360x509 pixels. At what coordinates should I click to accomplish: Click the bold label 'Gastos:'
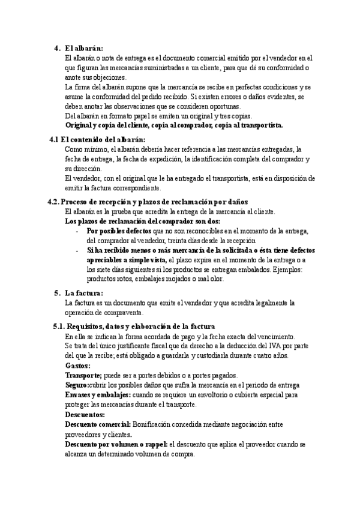tap(77, 366)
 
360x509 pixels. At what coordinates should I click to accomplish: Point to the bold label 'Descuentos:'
tap(85, 415)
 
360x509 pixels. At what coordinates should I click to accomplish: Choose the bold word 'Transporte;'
tap(83, 375)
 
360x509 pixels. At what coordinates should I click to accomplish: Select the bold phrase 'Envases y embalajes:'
tap(97, 395)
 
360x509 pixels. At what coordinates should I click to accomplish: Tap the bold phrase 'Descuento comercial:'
tap(97, 424)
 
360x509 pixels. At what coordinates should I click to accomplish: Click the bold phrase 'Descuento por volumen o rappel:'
tap(116, 444)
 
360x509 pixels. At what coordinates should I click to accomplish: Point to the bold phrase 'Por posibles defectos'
tap(119, 231)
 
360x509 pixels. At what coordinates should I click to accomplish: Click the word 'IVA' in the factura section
tap(272, 346)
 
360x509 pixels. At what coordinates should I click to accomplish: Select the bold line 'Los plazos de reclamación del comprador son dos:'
tap(142, 221)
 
